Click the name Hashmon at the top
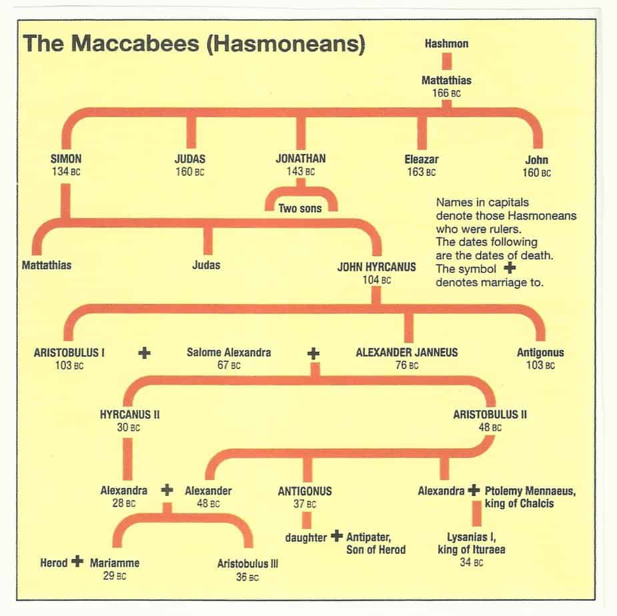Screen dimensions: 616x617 (x=446, y=44)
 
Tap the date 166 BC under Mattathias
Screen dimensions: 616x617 (x=446, y=93)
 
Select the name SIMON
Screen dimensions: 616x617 (x=65, y=159)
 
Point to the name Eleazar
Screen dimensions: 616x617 (x=421, y=159)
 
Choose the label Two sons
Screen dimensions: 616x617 (x=299, y=208)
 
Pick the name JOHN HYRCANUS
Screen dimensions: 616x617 (x=377, y=267)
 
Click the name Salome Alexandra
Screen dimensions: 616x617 (x=229, y=352)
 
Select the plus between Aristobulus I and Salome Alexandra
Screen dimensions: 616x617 (x=144, y=353)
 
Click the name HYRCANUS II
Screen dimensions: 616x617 (x=129, y=414)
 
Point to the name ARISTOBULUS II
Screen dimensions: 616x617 (x=490, y=414)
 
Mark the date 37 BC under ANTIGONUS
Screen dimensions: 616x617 (x=304, y=504)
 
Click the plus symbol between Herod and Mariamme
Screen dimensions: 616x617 (x=77, y=561)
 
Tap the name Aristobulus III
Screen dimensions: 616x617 (x=247, y=563)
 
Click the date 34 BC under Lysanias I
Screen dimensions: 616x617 (x=470, y=563)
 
